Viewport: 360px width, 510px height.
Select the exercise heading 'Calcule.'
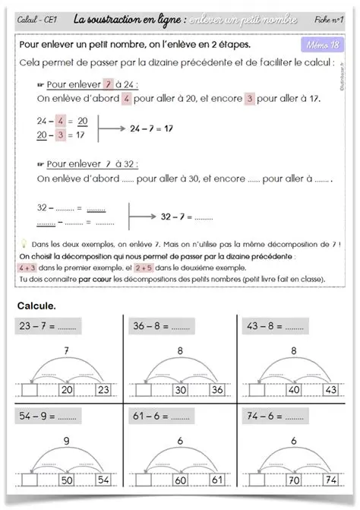[x=37, y=306]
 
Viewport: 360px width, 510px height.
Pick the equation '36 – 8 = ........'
[x=161, y=325]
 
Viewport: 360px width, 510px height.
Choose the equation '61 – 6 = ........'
[x=161, y=417]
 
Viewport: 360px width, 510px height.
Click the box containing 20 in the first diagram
[x=66, y=390]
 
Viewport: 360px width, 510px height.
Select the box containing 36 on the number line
[x=216, y=390]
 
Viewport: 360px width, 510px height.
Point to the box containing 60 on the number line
[x=181, y=480]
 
